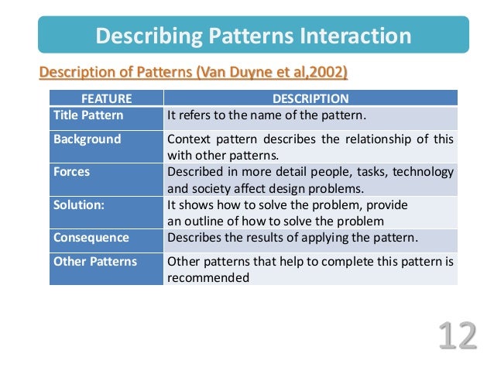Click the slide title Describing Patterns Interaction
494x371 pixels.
[x=253, y=36]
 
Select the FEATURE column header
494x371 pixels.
[x=106, y=98]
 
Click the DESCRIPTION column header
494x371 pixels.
[x=310, y=98]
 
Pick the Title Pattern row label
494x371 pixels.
[x=87, y=115]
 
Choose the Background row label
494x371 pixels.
[x=87, y=139]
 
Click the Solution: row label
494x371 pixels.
[x=79, y=205]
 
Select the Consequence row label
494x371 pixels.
[x=91, y=238]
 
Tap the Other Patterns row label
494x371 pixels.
[x=94, y=262]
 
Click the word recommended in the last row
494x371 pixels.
[x=208, y=277]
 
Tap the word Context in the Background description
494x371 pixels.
[x=189, y=140]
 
